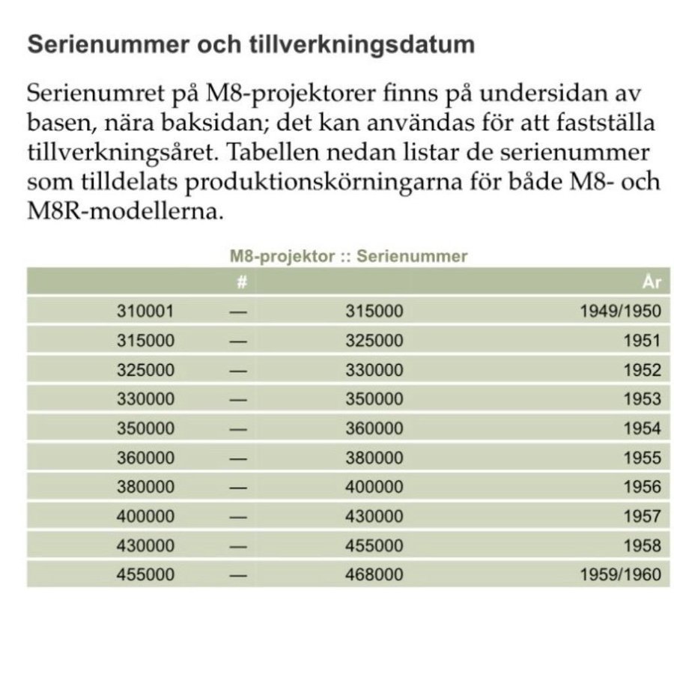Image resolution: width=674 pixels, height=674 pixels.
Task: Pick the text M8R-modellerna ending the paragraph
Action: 125,211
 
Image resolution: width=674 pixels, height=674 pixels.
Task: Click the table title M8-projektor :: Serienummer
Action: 347,257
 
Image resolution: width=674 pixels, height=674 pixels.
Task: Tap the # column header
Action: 240,282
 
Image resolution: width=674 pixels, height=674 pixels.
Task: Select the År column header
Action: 651,282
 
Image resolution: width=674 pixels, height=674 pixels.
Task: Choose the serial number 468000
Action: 374,575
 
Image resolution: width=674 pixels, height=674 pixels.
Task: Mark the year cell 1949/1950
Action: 621,312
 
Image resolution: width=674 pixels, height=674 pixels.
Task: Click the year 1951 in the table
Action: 643,341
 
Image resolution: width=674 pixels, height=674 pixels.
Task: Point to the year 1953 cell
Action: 643,399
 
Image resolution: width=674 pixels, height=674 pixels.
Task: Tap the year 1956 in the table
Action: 643,488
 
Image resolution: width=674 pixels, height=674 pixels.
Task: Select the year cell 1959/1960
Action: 621,575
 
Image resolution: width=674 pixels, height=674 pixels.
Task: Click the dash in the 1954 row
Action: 238,429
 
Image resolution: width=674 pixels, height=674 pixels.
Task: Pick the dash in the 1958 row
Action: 238,547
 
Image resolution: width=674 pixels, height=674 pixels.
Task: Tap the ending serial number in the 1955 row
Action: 374,458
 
